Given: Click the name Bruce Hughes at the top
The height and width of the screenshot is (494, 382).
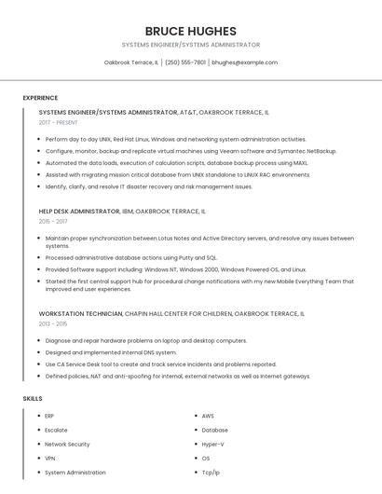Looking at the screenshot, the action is point(190,31).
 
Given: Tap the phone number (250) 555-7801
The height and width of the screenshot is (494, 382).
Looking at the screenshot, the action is point(186,62).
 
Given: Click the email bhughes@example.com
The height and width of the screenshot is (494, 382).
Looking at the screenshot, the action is point(244,62).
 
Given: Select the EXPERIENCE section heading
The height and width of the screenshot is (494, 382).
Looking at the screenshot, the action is point(40,98).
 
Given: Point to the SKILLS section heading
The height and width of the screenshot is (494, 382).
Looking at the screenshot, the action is point(33,399).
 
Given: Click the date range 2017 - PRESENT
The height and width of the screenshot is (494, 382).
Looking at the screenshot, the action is point(58,122).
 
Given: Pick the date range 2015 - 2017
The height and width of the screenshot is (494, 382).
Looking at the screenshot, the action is point(52,222).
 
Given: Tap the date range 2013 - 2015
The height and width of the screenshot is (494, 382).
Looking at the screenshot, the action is point(52,323).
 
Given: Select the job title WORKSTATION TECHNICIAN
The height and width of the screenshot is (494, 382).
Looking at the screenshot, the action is point(80,313).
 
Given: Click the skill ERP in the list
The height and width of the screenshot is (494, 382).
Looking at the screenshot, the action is point(49,416).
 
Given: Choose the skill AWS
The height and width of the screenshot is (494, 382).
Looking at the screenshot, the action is point(208,416).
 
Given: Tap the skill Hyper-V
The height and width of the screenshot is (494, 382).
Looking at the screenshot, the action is point(213,444).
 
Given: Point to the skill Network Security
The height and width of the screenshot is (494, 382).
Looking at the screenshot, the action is point(67,444).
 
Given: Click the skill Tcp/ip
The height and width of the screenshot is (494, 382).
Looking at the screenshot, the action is point(211,473).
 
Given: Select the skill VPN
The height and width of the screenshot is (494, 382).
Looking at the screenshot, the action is point(50,459).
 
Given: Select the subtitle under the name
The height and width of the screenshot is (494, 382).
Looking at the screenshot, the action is point(190,45).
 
